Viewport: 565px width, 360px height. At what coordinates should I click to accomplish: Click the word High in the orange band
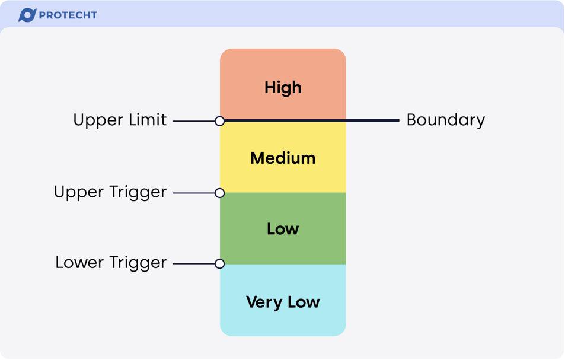[283, 88]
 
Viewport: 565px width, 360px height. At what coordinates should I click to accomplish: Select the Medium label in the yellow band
[283, 158]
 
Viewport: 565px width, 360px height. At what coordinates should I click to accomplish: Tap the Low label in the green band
[283, 229]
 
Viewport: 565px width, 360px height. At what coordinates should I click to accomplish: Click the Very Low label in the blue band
[283, 302]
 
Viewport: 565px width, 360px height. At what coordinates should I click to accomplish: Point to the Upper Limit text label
[120, 120]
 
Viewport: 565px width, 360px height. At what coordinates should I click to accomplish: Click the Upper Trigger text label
[110, 192]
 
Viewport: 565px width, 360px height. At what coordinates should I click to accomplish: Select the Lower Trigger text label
[111, 263]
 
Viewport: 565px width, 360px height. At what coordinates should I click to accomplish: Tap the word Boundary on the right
[445, 120]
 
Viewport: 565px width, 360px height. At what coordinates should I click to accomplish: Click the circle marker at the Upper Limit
[219, 121]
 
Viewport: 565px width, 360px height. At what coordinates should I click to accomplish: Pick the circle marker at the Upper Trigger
[219, 193]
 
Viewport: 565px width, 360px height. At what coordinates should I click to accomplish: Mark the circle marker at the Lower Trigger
[219, 263]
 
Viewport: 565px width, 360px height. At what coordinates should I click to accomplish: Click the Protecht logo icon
[27, 15]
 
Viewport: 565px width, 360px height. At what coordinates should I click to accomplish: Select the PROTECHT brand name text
[68, 15]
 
